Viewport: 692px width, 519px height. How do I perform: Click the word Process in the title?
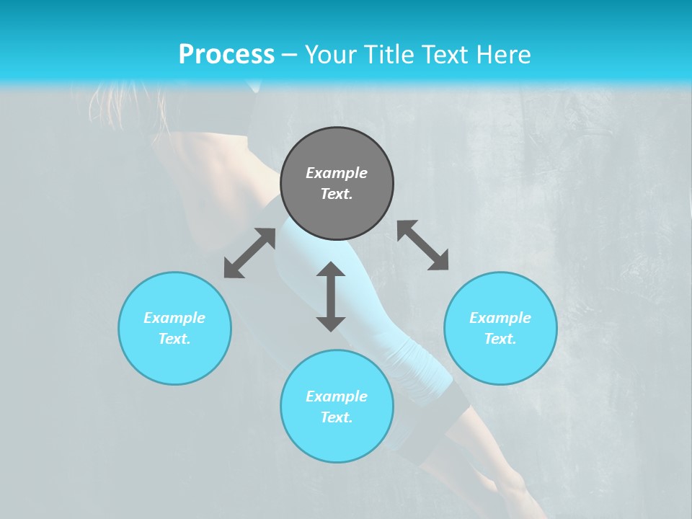coord(226,55)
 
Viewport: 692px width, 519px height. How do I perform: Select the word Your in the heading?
coord(331,55)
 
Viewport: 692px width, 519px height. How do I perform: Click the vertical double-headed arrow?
coord(331,296)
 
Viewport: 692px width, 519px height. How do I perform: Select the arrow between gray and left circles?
coord(249,253)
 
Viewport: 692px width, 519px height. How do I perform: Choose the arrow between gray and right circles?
coord(423,245)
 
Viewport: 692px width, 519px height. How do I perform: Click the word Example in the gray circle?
coord(337,173)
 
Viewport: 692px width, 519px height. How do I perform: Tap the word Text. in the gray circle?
coord(337,194)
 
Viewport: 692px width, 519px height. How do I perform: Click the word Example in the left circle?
coord(174,318)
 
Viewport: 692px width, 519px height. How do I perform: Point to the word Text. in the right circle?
coord(500,339)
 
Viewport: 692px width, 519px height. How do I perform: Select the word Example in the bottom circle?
coord(337,396)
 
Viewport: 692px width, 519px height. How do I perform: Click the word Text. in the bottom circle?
coord(337,417)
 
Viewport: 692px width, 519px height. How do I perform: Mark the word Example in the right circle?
coord(500,318)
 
